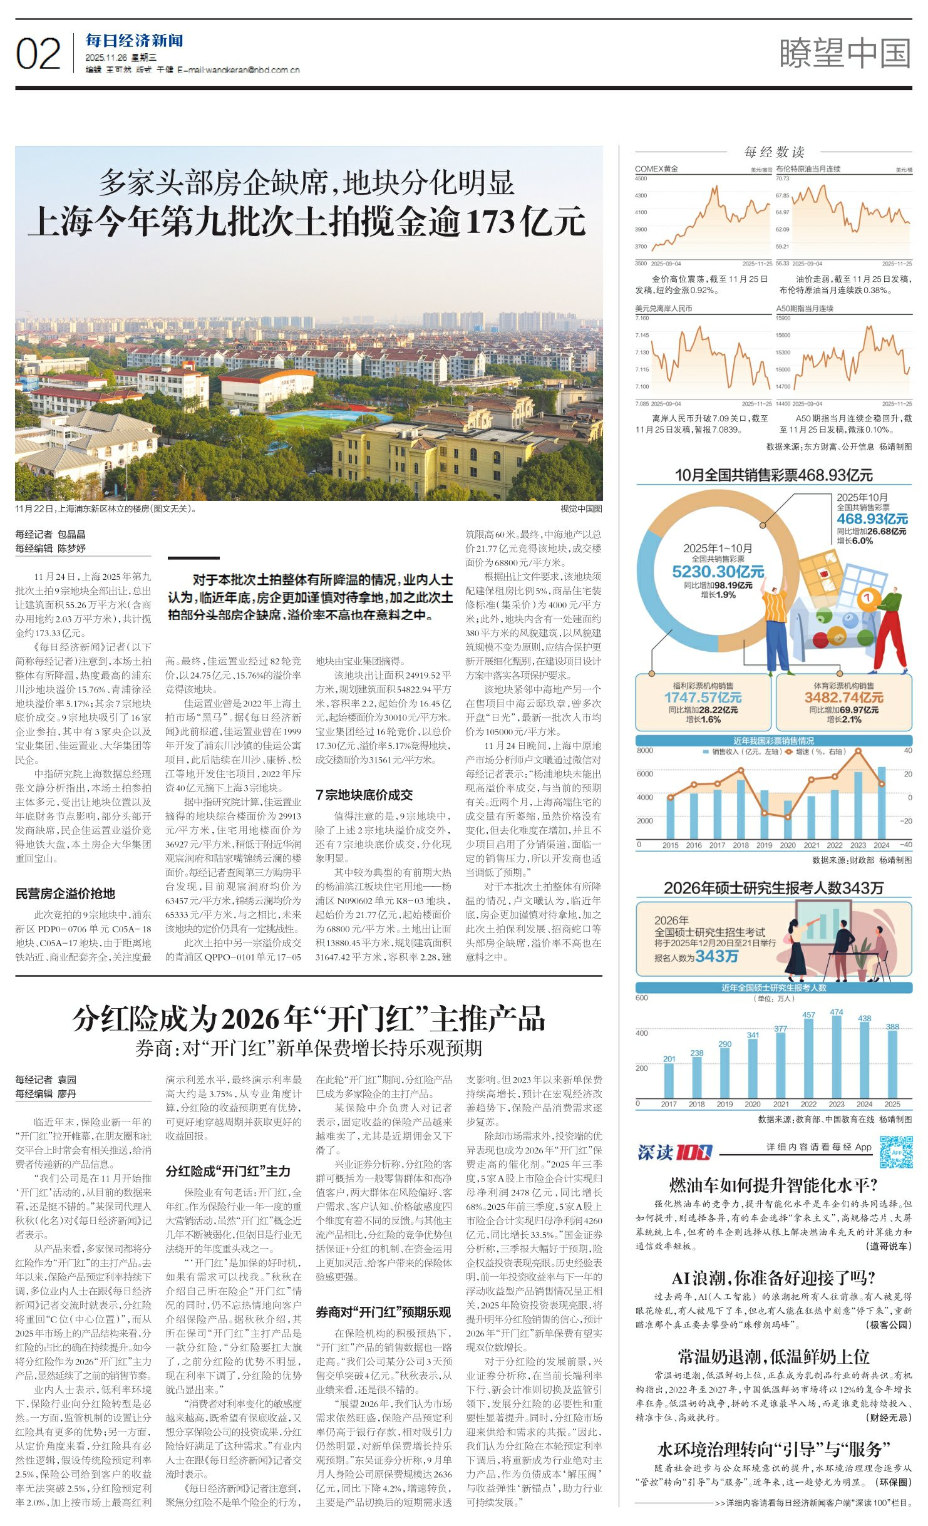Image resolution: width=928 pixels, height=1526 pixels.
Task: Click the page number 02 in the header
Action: coord(38,54)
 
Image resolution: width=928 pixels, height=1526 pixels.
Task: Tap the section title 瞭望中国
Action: coord(845,53)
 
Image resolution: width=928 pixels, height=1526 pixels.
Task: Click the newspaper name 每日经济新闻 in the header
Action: coord(135,41)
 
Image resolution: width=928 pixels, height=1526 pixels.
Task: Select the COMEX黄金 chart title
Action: coord(656,169)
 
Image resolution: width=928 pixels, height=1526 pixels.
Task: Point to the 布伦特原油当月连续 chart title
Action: coord(808,169)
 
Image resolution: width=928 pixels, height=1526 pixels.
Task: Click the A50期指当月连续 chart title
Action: coord(805,309)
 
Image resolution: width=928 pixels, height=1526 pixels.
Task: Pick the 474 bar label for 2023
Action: coord(836,1012)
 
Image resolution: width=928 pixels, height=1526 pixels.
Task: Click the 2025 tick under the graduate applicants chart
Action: coord(892,1105)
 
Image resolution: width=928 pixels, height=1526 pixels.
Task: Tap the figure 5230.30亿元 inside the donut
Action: coord(718,572)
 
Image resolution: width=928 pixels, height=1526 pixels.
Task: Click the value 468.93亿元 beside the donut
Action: coord(872,518)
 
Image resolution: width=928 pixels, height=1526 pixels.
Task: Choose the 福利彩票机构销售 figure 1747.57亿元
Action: coord(703,698)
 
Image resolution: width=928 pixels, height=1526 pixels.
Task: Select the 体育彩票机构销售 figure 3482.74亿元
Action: coord(843,698)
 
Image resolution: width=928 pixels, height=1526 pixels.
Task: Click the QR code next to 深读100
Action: coord(895,1152)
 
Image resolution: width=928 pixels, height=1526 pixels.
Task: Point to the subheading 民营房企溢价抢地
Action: coord(65,894)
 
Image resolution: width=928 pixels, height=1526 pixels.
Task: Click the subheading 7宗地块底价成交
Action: coord(364,795)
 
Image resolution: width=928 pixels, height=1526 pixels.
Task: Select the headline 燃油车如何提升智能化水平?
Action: coord(773,1185)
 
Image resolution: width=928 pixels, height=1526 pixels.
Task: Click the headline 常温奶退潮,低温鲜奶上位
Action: coord(773,1357)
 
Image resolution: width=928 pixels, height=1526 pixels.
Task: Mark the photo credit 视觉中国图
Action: coord(580,509)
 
